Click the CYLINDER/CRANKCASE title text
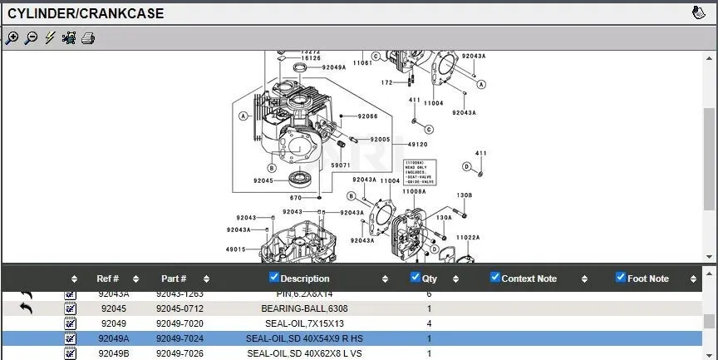click(86, 13)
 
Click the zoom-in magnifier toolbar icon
click(12, 37)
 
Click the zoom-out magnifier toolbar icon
click(31, 37)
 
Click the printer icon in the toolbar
click(88, 37)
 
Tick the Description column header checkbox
click(274, 278)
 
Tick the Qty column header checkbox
click(416, 278)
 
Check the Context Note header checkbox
click(495, 278)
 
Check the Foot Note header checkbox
click(620, 278)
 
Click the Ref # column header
click(108, 279)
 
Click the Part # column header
click(174, 279)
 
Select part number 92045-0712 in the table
click(180, 308)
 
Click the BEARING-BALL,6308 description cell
click(304, 308)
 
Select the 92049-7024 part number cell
click(180, 338)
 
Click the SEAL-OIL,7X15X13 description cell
click(304, 323)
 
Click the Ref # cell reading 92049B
click(114, 353)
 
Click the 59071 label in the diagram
click(341, 165)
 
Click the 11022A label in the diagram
click(468, 237)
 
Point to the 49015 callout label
click(235, 249)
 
